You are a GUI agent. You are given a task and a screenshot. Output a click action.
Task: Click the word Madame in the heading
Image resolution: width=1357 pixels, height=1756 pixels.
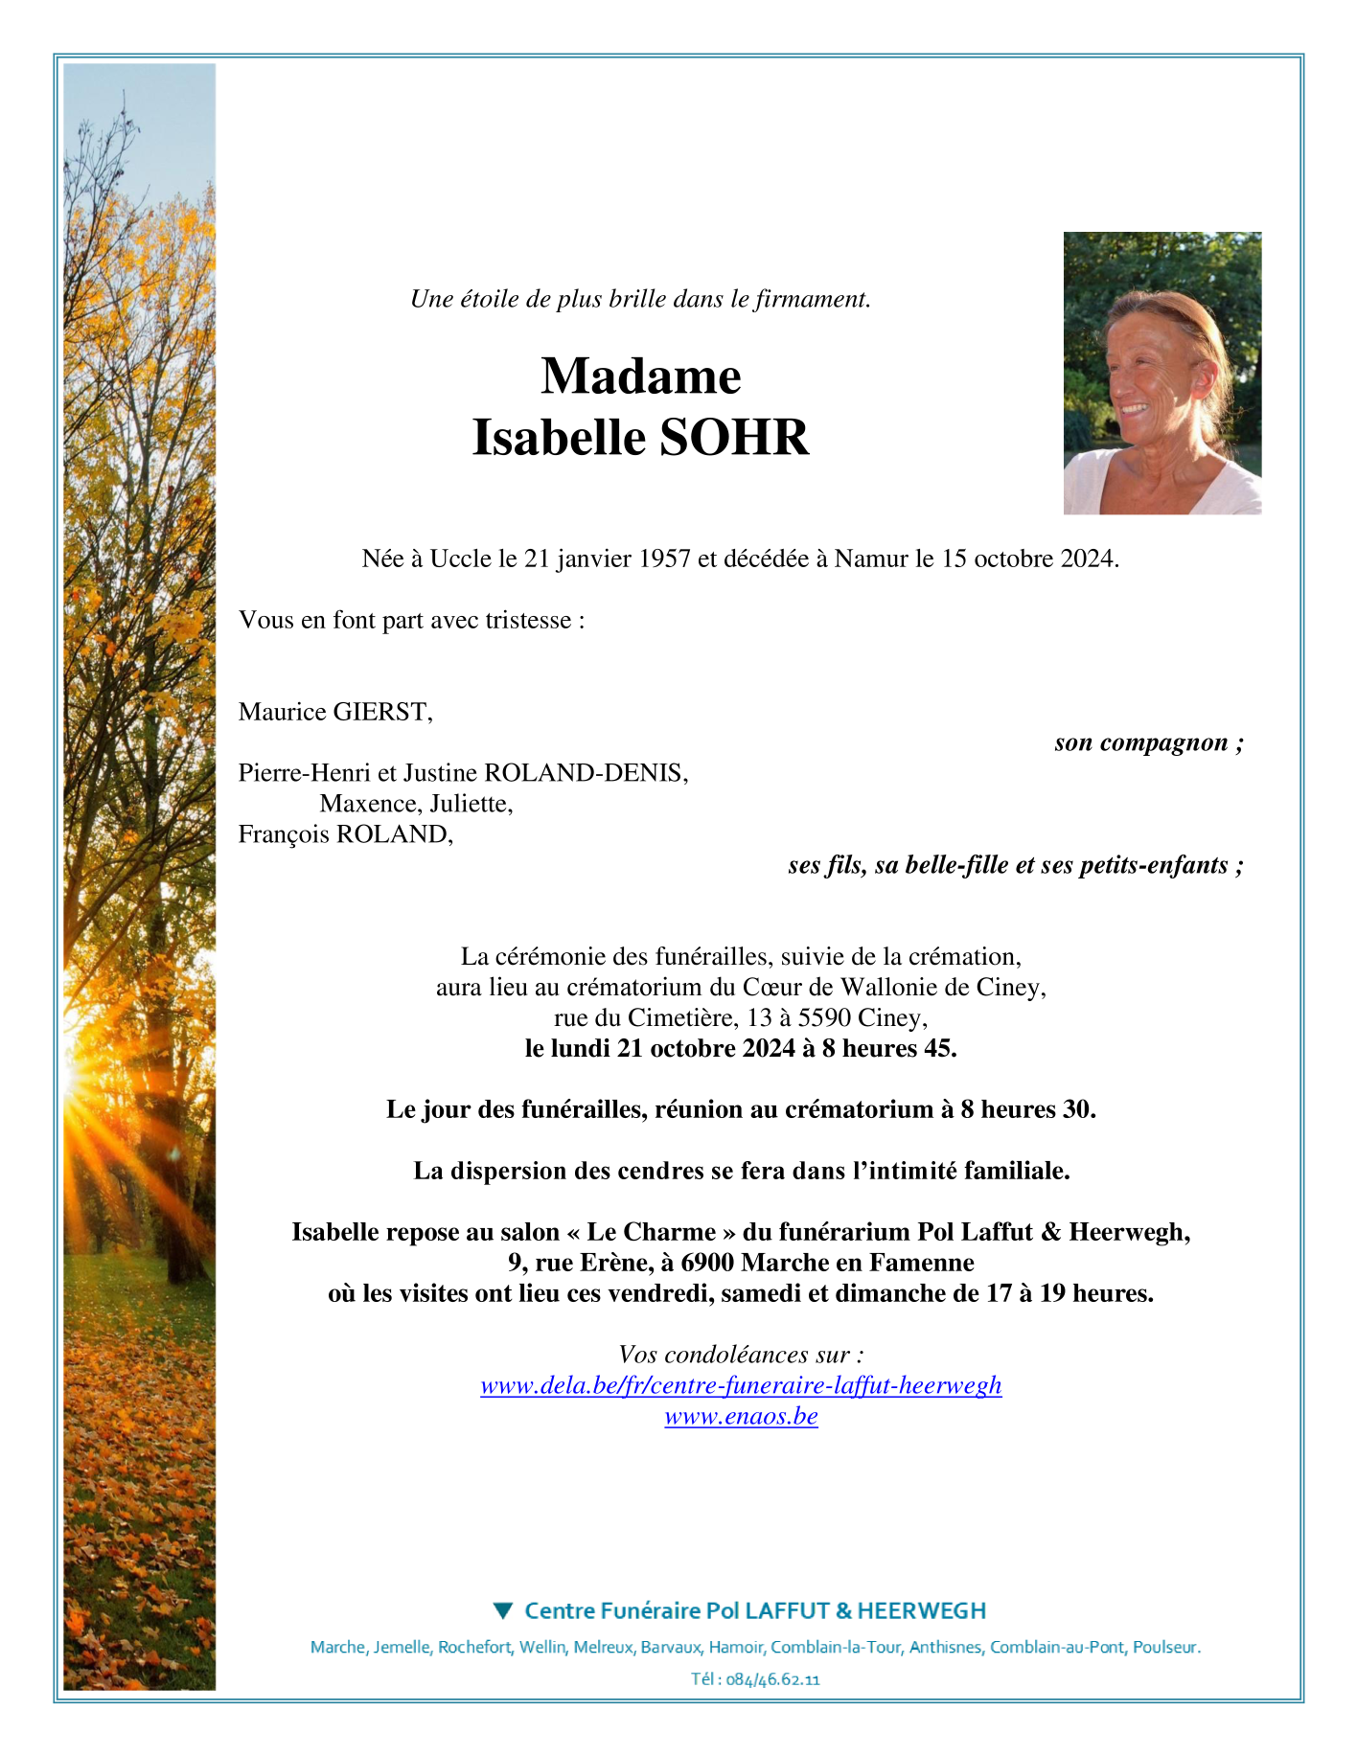[x=641, y=376]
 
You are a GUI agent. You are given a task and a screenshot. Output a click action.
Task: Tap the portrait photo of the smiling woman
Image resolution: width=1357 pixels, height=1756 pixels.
[x=1161, y=373]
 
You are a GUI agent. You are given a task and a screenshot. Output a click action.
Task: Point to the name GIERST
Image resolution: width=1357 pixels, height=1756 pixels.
[x=381, y=712]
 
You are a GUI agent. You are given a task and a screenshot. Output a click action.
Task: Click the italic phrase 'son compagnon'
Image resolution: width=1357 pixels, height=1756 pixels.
[x=1140, y=742]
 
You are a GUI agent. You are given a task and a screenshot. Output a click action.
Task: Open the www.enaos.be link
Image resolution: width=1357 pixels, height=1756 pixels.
[x=741, y=1416]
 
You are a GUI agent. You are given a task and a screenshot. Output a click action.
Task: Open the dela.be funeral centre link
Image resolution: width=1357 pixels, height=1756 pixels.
[x=741, y=1385]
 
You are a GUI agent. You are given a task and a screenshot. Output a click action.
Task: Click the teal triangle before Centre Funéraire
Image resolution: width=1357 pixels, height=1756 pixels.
[x=502, y=1610]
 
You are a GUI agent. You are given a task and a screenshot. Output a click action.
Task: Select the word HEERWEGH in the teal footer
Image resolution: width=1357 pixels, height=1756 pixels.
[x=922, y=1610]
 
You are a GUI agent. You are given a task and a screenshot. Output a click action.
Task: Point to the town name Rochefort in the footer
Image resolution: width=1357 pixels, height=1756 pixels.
[x=474, y=1647]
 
